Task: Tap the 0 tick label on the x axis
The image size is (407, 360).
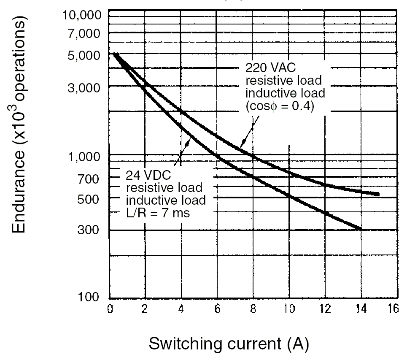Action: coord(110,309)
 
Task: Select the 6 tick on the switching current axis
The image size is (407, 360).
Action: coord(217,309)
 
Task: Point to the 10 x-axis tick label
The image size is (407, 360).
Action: coord(288,309)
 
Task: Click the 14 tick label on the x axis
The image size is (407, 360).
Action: coord(360,309)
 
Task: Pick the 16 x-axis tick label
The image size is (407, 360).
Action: coord(393,309)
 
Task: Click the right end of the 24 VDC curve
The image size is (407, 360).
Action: coord(361,229)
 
